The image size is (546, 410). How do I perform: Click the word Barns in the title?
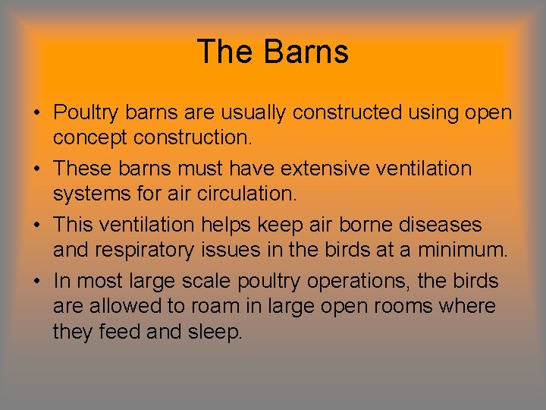pyautogui.click(x=306, y=52)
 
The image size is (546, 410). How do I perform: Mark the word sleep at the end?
pyautogui.click(x=214, y=332)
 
